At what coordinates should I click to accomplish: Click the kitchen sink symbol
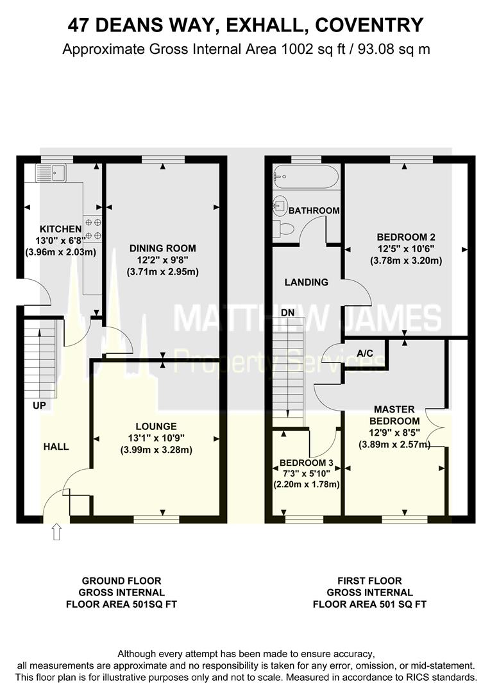pos(49,172)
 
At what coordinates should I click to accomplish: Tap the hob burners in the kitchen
pos(93,229)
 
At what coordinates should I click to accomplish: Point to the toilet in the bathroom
pos(285,228)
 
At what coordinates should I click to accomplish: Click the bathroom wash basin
pos(279,206)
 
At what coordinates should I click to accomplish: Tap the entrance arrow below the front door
pos(56,532)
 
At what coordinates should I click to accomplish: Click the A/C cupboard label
pos(366,354)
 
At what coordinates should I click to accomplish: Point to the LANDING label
pos(307,282)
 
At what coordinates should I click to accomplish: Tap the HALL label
pos(56,447)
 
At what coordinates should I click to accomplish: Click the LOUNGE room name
pos(156,426)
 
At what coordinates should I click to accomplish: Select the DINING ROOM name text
pos(162,248)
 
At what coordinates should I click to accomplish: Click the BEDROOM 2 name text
pos(406,237)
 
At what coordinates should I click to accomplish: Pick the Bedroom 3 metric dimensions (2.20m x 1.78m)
pos(307,484)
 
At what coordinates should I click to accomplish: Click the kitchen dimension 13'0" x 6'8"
pos(61,241)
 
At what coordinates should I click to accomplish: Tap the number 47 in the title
pos(80,26)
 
